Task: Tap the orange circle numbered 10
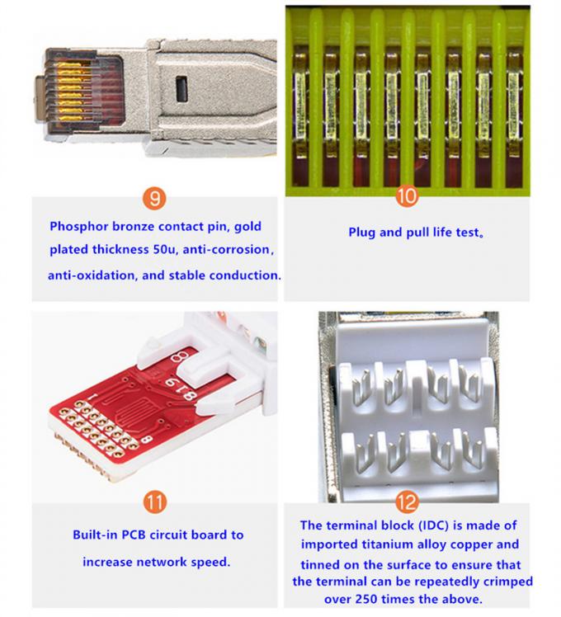click(408, 195)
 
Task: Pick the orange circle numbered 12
click(407, 501)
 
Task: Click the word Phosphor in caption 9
click(78, 225)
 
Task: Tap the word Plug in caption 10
click(363, 232)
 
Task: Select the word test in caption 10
click(464, 232)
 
